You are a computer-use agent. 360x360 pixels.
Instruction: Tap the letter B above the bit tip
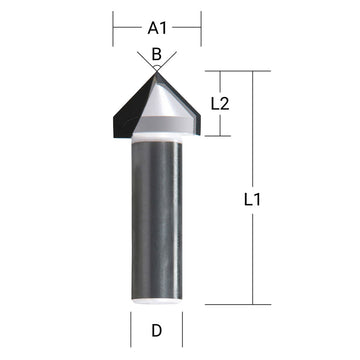(156, 53)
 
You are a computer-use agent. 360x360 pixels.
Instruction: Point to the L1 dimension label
(252, 199)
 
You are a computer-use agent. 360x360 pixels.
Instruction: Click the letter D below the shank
(156, 329)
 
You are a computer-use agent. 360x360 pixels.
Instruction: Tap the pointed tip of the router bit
(156, 69)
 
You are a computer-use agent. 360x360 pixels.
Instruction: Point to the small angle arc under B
(156, 64)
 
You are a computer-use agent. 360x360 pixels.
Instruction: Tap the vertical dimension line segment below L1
(252, 260)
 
